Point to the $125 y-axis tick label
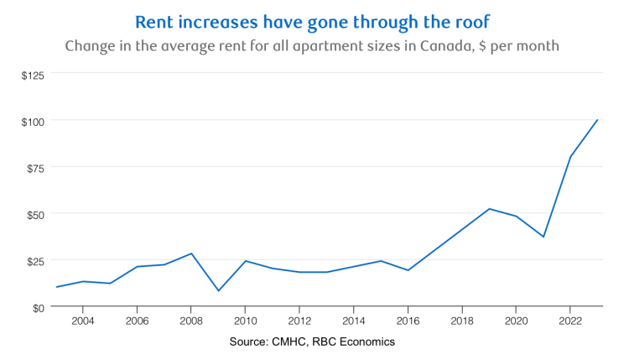[x=34, y=74]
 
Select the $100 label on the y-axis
[x=34, y=121]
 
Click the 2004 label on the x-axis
[x=83, y=321]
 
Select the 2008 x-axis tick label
[x=191, y=321]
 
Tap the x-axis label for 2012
[x=299, y=321]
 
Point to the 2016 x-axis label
[x=408, y=321]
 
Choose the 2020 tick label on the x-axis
[x=516, y=321]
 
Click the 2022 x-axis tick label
[x=570, y=321]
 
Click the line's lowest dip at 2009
[x=218, y=291]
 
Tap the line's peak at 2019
[x=489, y=209]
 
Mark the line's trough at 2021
[x=543, y=237]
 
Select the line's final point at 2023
[x=597, y=120]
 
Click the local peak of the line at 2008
[x=191, y=253]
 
